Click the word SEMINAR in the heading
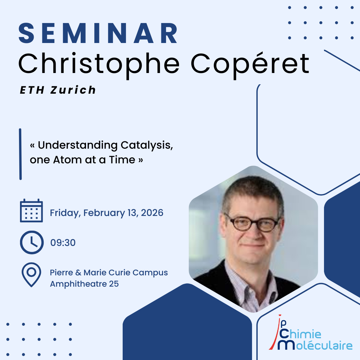coord(98,33)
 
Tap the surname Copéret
coord(250,64)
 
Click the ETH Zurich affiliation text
coord(58,90)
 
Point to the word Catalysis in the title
coord(147,145)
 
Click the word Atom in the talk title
coord(67,160)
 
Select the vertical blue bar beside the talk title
coord(20,154)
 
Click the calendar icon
coord(31,211)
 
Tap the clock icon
coord(32,242)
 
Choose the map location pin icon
coord(31,275)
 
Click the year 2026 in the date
coord(152,213)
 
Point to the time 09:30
coord(63,243)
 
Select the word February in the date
coord(104,213)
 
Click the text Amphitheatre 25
coord(84,284)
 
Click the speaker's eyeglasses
coord(252,222)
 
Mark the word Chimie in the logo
coord(300,334)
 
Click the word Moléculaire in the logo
coord(315,345)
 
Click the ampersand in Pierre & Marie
coord(78,273)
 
